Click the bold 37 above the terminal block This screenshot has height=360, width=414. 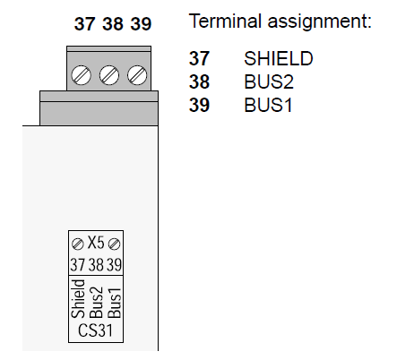click(85, 24)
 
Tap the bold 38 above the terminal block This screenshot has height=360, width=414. click(113, 24)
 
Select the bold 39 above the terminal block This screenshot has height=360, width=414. click(141, 24)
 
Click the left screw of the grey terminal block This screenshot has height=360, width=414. click(81, 75)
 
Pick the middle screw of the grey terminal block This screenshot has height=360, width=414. click(109, 75)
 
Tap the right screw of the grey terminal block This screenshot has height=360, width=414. click(137, 75)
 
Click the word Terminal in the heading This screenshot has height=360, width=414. click(225, 21)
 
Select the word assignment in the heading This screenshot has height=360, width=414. click(319, 22)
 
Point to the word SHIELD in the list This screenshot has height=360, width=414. click(279, 58)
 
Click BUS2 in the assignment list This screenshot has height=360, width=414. click(269, 81)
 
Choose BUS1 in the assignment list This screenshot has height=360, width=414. click(268, 105)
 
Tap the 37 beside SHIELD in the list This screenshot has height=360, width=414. click(199, 58)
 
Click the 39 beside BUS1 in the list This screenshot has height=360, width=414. click(199, 105)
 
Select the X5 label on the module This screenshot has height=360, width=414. click(96, 243)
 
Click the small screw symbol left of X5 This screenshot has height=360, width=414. click(78, 244)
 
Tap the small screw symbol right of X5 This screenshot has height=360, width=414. click(114, 244)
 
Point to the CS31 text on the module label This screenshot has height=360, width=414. click(95, 330)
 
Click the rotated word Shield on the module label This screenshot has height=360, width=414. click(78, 298)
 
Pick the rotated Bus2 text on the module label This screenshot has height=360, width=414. click(97, 303)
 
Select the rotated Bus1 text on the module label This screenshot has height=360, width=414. click(115, 303)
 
